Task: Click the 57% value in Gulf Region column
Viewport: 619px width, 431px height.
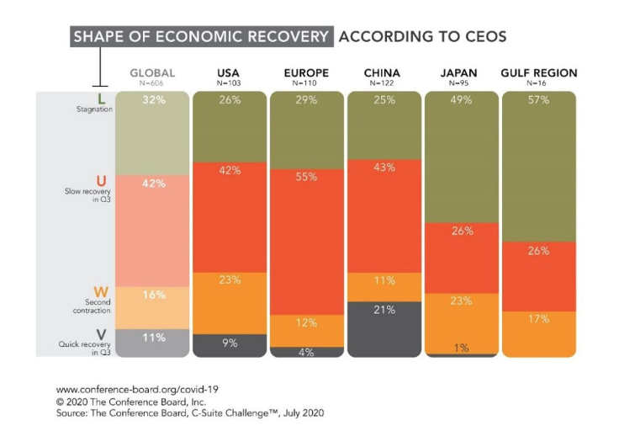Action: [x=539, y=100]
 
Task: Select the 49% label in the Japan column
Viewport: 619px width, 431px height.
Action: [x=462, y=100]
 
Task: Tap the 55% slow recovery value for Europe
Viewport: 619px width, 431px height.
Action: [x=307, y=177]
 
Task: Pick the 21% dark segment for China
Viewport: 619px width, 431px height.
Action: [x=384, y=310]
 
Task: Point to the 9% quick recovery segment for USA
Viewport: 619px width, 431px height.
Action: [x=230, y=343]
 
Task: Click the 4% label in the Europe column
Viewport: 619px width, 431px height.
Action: [x=307, y=352]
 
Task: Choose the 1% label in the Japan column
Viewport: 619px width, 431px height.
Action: [x=462, y=348]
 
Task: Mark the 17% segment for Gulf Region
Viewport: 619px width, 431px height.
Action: [x=539, y=318]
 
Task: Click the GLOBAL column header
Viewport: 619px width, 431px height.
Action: [x=152, y=73]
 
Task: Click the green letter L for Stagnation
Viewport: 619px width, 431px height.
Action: [x=101, y=99]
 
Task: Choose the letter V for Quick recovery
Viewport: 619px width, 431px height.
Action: [x=101, y=334]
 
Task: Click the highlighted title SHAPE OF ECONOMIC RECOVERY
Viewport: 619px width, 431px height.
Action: [x=201, y=37]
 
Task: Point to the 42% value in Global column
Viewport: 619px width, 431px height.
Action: [x=152, y=184]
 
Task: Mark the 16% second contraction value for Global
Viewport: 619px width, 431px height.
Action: [x=152, y=295]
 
